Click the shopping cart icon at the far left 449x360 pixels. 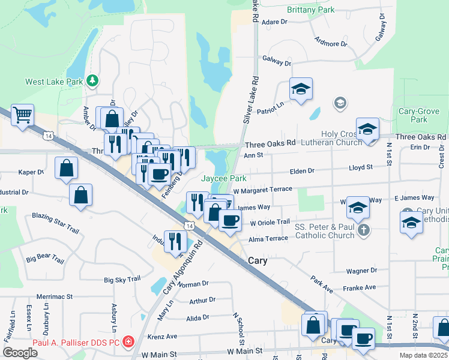(22, 115)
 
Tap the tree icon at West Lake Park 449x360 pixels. (92, 80)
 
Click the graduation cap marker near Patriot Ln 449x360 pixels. (301, 89)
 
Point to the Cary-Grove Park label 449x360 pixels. (420, 116)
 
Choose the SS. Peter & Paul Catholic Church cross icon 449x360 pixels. (363, 230)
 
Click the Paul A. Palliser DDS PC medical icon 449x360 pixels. (127, 343)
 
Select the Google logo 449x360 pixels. (20, 353)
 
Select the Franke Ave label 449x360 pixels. (359, 287)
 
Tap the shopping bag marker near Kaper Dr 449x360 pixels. (66, 169)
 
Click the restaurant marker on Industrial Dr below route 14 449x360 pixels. (175, 242)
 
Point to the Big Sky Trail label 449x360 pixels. (122, 279)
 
